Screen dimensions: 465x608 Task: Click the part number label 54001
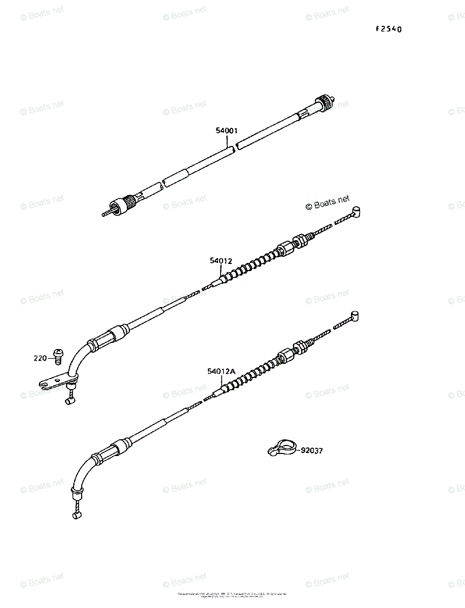[x=227, y=131]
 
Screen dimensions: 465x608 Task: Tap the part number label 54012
[x=221, y=261]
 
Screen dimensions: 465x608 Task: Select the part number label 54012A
[x=221, y=371]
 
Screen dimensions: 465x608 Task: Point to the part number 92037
[x=311, y=450]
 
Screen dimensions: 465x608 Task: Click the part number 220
[x=41, y=358]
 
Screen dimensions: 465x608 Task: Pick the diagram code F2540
[x=388, y=29]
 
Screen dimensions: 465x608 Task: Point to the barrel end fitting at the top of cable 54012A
[x=355, y=316]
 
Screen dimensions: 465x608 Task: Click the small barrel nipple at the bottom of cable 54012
[x=69, y=401]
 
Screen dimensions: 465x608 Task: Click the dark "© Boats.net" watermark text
[x=328, y=204]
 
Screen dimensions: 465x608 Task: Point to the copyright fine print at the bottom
[x=232, y=595]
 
